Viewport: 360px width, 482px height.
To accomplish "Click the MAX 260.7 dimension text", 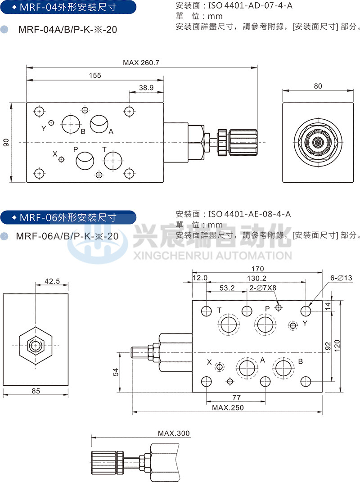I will click(x=141, y=63).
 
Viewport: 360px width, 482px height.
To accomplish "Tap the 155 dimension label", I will click(x=94, y=75).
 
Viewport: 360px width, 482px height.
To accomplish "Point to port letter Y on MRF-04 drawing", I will click(x=44, y=128).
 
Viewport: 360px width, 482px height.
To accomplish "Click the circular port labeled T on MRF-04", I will click(x=113, y=161).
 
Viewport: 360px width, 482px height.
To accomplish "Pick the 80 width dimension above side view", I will click(x=318, y=86).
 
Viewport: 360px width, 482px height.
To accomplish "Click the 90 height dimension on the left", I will click(x=6, y=142).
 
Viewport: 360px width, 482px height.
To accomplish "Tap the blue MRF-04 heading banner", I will click(x=67, y=8).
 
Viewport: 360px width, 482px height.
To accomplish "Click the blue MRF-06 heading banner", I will click(x=67, y=218).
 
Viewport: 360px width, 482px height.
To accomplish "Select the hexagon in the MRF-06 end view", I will click(x=36, y=346).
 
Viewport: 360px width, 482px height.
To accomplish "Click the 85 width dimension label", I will click(x=36, y=391).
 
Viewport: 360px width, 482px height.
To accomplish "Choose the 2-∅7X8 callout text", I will click(x=264, y=288).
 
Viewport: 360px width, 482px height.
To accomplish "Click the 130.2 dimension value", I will click(x=257, y=278).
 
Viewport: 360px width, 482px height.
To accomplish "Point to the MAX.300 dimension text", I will click(x=174, y=433).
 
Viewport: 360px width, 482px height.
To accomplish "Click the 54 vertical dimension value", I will click(x=115, y=372).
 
